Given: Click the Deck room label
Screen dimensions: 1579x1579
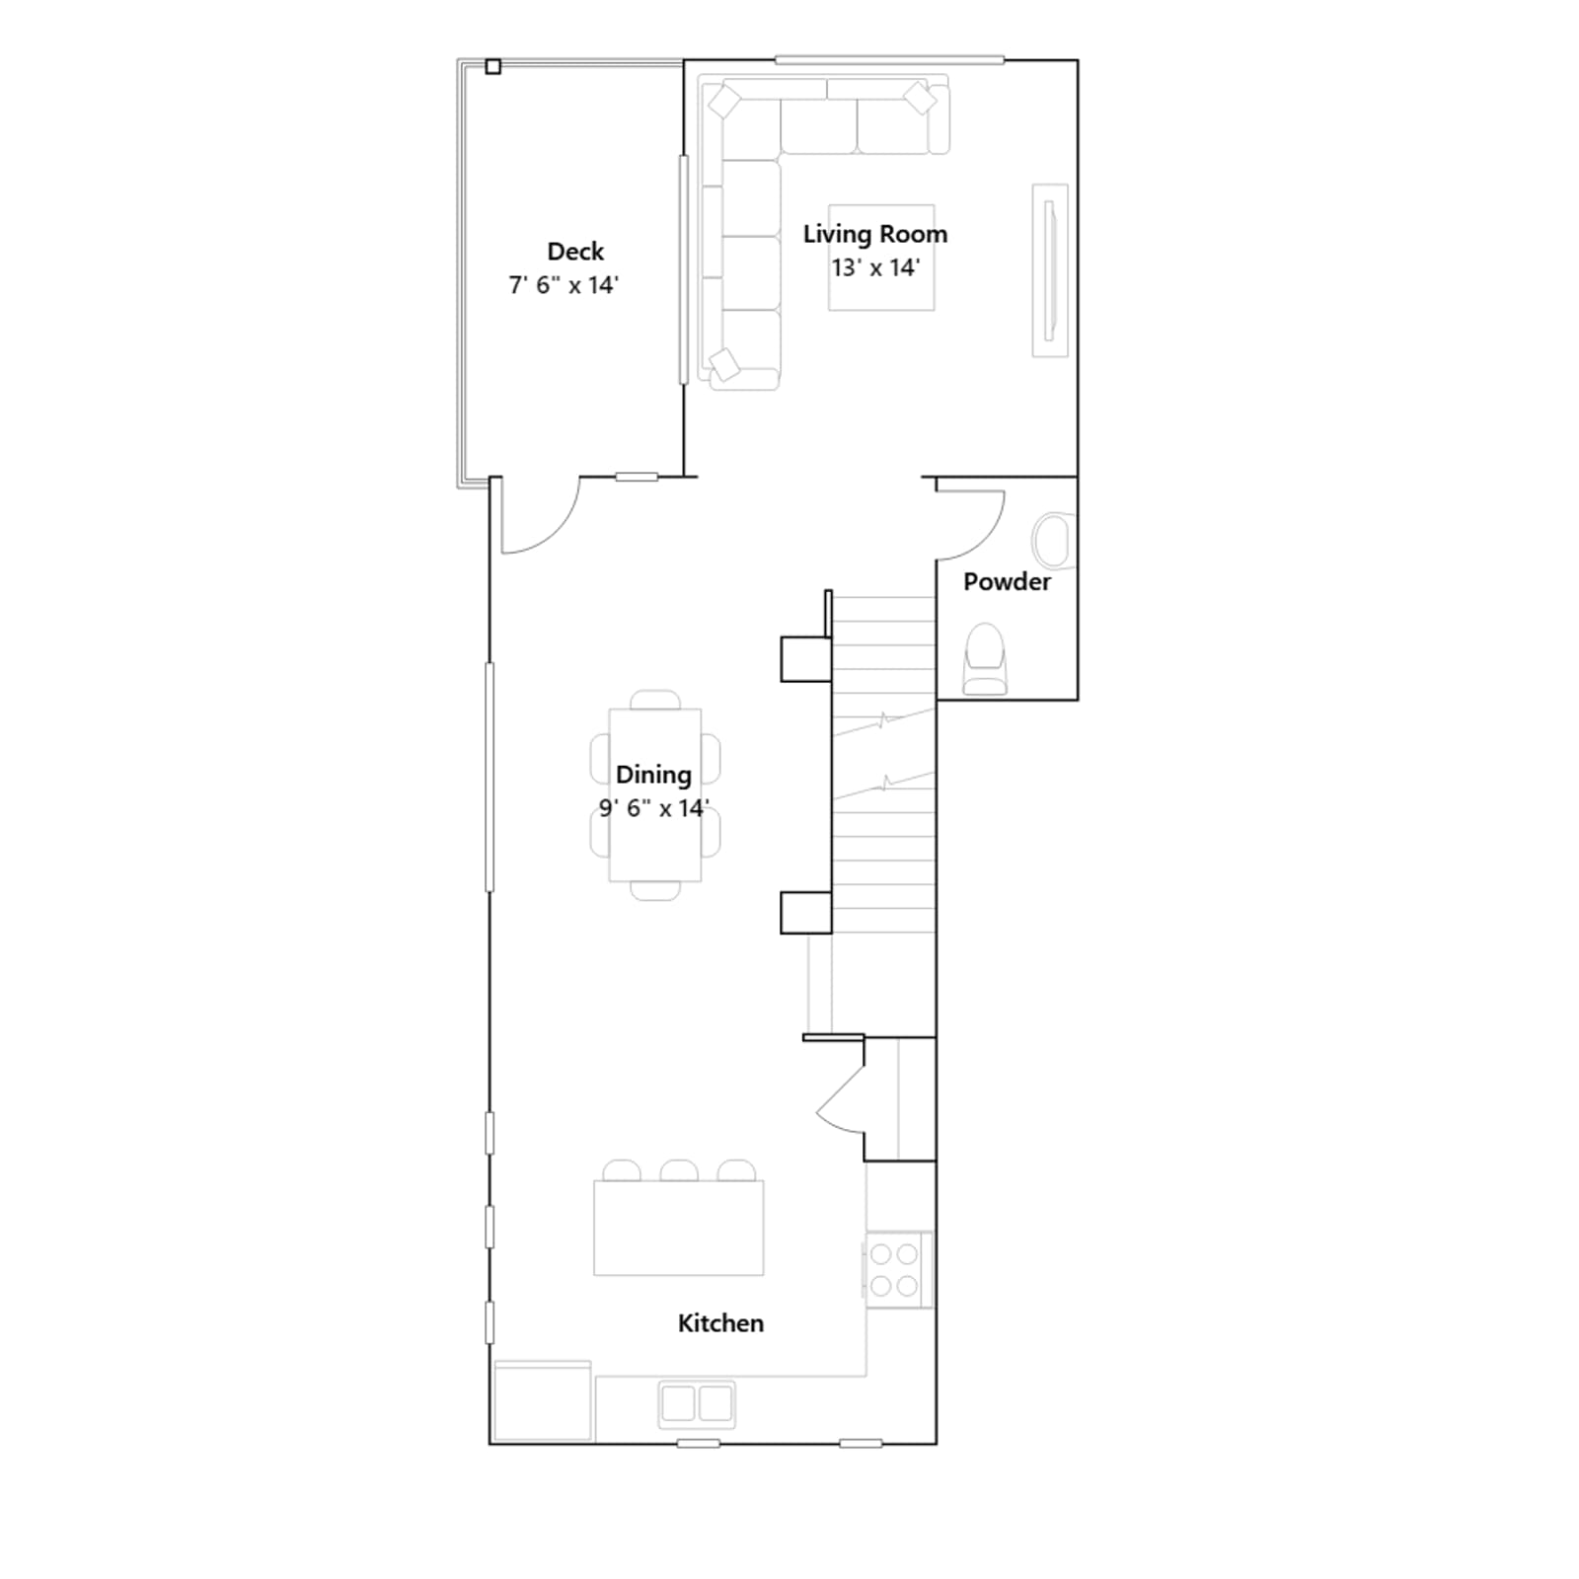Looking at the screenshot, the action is coord(575,252).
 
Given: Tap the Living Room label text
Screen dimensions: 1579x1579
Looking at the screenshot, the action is coord(875,234).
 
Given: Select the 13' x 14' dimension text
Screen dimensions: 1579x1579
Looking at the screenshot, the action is coord(875,267).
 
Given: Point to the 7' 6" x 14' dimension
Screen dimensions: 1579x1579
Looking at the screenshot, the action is coord(564,285).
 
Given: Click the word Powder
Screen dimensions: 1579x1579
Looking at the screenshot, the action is coord(1007,582).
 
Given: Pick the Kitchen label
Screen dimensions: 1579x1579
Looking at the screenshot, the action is coord(720,1323).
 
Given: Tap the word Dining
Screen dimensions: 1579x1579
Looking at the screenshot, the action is coord(653,775).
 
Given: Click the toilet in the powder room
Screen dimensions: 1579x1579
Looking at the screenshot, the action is coord(984,658).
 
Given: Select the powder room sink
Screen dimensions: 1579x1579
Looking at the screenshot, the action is coord(1053,540).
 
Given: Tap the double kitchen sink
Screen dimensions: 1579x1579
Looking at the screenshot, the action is coord(697,1402).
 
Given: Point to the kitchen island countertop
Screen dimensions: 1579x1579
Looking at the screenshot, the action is coord(679,1228).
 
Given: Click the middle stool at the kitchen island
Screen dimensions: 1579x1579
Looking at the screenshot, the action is coord(679,1171).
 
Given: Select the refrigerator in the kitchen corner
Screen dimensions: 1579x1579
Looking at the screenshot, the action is coord(543,1400).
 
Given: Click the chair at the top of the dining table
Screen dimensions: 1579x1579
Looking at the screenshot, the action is coord(655,700).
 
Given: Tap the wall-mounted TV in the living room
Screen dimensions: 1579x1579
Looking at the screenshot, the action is coord(1050,269).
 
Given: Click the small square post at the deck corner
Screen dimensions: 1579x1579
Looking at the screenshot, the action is coord(493,67).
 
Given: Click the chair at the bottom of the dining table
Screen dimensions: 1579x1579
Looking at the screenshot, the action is coord(655,891).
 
